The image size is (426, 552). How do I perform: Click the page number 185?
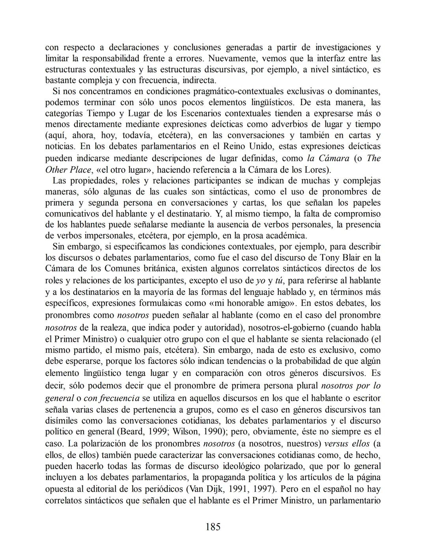pyautogui.click(x=213, y=527)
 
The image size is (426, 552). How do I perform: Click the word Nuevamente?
pyautogui.click(x=232, y=59)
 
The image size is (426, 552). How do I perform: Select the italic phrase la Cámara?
pyautogui.click(x=328, y=158)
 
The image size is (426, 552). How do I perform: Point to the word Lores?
pyautogui.click(x=317, y=170)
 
